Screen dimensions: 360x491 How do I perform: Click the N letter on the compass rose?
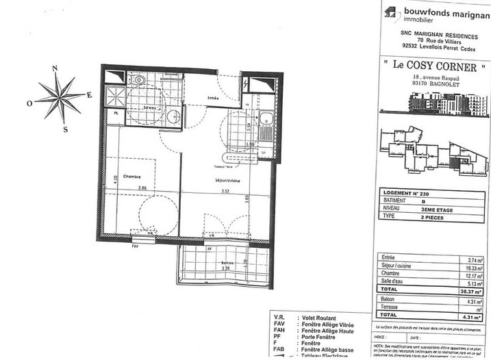coord(55,68)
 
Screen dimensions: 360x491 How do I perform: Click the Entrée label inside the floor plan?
coord(212,99)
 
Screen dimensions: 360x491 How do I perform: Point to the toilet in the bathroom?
coord(140,81)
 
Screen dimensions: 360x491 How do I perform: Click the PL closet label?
coord(116,113)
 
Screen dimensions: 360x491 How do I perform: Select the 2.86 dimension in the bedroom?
coord(142,188)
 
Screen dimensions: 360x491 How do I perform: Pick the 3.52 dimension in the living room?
coord(221,192)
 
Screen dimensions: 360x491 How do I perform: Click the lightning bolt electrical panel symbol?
coord(246,82)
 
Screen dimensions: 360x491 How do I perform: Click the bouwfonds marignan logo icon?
coord(390,12)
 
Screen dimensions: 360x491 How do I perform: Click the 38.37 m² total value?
coord(473,290)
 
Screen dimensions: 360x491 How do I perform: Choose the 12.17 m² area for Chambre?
coord(473,273)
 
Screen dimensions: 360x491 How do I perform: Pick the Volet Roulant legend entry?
coord(321,318)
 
